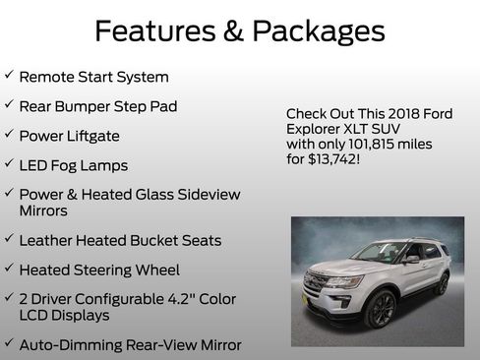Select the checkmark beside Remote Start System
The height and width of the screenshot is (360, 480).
click(8, 76)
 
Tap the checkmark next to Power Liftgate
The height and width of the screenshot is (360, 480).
click(8, 134)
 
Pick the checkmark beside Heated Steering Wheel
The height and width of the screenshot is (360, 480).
click(8, 269)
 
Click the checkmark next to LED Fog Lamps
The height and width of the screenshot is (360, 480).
click(8, 163)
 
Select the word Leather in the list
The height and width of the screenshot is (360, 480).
click(50, 240)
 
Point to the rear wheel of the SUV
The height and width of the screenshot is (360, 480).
click(442, 284)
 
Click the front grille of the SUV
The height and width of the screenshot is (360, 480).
click(318, 283)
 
